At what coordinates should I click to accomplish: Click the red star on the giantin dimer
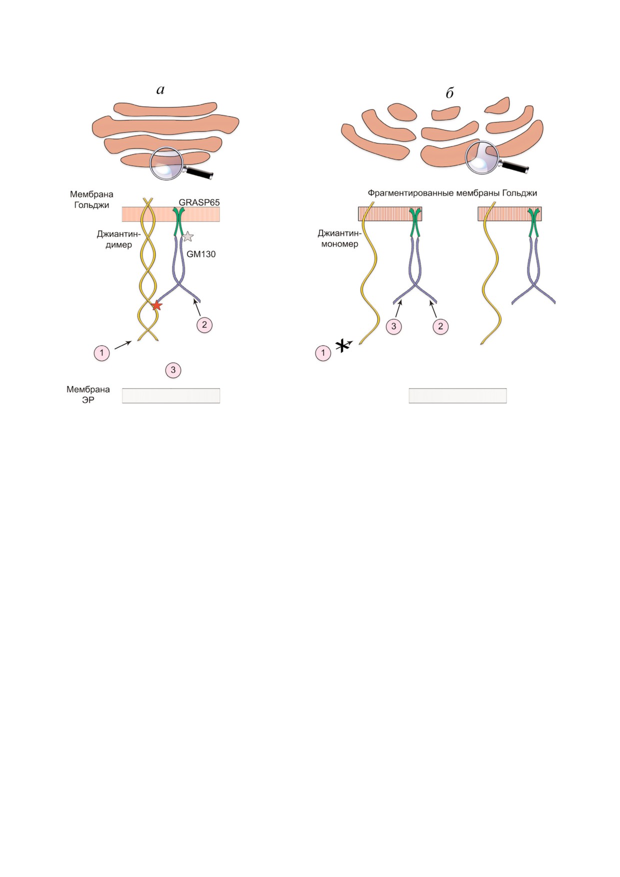point(156,305)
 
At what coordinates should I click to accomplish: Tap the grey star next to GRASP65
point(187,236)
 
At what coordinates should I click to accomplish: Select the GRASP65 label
point(199,202)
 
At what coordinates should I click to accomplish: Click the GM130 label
point(201,254)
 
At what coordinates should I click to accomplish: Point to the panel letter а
point(160,90)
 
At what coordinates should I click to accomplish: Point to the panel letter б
point(449,92)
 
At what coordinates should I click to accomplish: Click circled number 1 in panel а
point(101,353)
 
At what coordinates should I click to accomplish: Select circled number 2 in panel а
point(204,324)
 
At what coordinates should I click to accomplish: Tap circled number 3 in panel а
point(173,370)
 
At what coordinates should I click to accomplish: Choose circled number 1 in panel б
point(323,353)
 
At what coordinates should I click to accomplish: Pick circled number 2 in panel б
point(440,326)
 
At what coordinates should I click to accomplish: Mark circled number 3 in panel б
point(393,326)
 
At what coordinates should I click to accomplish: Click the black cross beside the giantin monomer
point(342,345)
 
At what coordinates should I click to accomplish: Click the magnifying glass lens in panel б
point(482,157)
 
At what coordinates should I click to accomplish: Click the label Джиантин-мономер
point(339,238)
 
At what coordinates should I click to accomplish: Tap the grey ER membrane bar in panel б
point(457,395)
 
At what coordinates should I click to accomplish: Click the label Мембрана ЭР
point(88,394)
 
